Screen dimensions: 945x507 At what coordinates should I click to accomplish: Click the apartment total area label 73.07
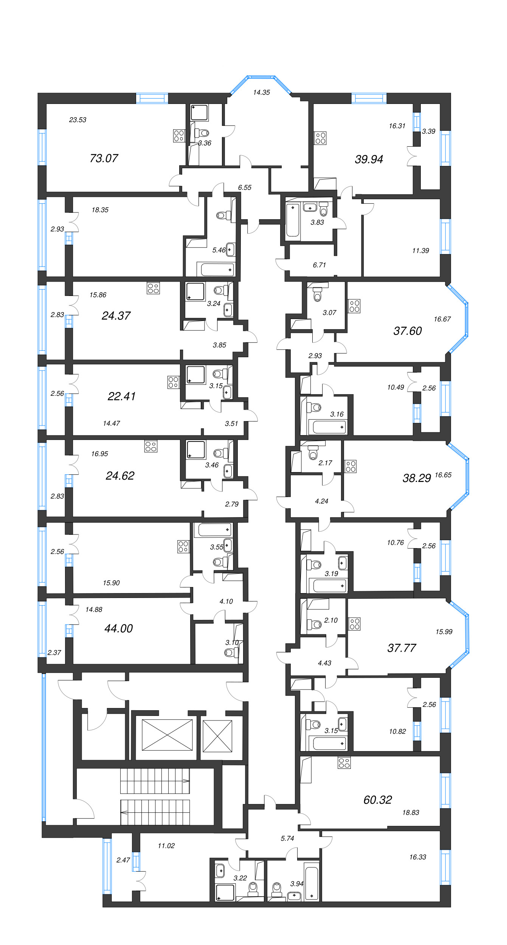point(104,158)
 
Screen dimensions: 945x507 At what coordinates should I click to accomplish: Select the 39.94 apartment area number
point(369,160)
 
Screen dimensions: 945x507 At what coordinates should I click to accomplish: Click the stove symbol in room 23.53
point(179,136)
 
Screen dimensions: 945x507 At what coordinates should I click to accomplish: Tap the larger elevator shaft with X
point(167,734)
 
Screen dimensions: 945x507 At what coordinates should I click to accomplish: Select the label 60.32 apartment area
point(377,800)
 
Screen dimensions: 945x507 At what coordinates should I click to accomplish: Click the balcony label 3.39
point(428,132)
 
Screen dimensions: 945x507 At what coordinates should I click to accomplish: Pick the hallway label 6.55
point(245,187)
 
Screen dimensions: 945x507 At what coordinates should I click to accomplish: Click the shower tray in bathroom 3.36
point(200,112)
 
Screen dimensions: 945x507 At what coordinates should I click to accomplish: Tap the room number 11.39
point(420,251)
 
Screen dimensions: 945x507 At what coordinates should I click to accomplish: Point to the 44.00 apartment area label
point(118,628)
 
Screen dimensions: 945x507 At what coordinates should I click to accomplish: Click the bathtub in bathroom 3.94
point(311,883)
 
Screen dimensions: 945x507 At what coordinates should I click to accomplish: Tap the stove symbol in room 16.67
point(354,306)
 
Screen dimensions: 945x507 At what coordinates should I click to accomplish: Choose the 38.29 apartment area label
point(417,479)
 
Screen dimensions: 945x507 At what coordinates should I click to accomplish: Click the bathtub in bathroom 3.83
point(293,220)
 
